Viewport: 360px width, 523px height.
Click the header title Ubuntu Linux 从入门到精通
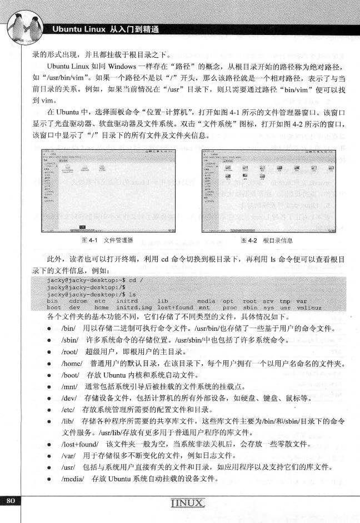tap(106, 29)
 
